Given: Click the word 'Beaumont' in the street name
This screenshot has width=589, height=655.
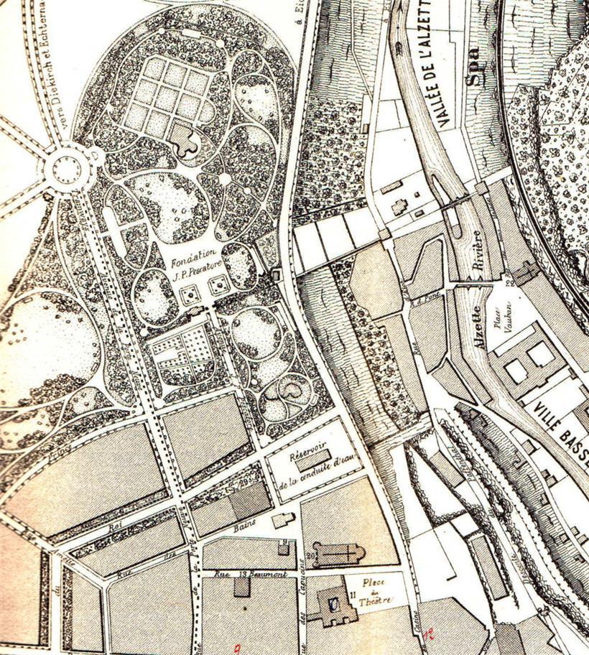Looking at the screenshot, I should point(269,574).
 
